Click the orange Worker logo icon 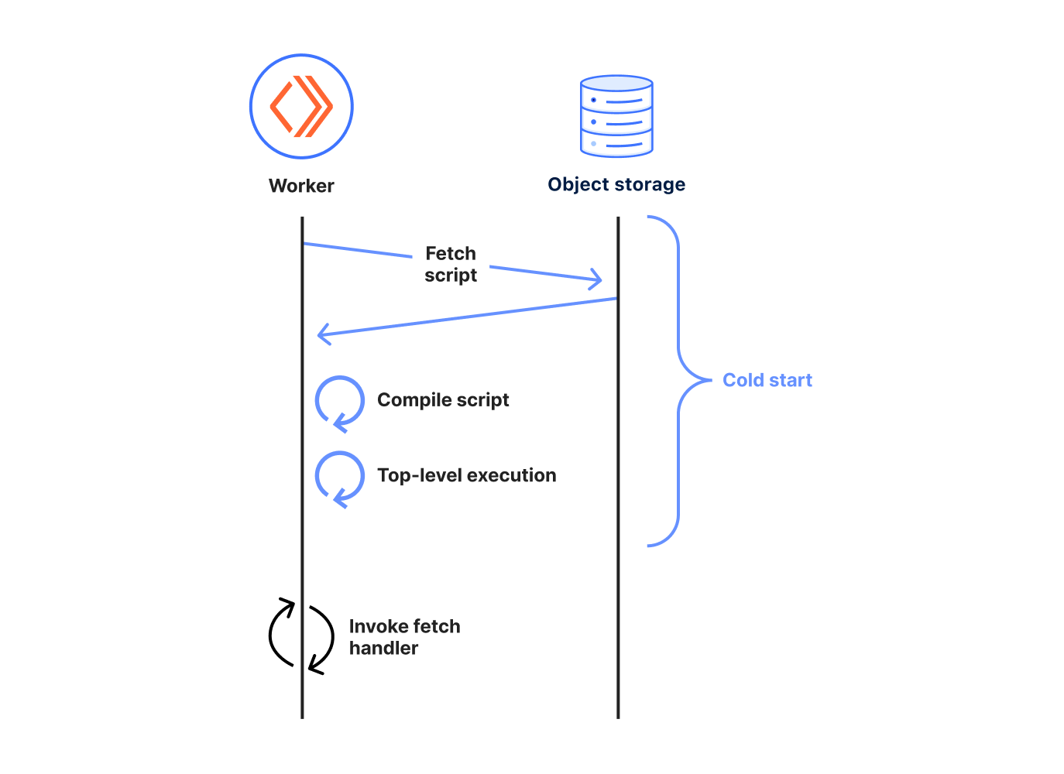301,106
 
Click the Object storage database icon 616,116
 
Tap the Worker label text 301,186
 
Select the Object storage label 616,184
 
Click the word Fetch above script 451,253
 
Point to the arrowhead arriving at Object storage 595,279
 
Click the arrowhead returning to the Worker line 324,334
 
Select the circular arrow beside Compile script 339,402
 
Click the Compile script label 443,400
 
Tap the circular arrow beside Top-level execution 339,477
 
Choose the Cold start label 767,380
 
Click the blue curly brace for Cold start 678,380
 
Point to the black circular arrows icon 301,635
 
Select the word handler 383,648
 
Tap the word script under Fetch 451,276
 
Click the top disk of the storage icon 616,84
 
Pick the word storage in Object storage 649,184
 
